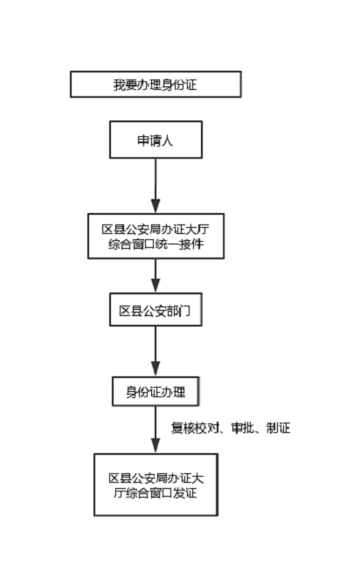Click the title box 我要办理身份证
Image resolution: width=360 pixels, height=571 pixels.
point(156,84)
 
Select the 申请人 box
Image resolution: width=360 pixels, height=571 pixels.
point(156,140)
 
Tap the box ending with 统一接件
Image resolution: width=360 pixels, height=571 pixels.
point(156,236)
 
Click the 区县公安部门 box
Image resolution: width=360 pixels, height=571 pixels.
point(156,310)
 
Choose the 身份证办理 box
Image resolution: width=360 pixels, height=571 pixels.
point(156,391)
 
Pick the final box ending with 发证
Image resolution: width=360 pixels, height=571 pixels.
point(156,485)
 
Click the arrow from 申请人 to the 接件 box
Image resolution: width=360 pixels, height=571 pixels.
point(156,186)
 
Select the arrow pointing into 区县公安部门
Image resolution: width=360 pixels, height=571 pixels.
point(156,276)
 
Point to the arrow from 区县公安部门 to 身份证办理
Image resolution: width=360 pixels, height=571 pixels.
point(156,351)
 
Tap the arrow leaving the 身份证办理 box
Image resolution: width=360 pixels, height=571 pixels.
point(156,430)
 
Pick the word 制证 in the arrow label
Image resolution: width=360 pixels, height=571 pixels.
point(278,428)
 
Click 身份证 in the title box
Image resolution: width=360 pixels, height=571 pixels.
point(179,85)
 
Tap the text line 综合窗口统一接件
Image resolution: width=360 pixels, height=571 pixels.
point(156,244)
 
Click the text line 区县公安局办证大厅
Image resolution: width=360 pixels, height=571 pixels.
point(156,229)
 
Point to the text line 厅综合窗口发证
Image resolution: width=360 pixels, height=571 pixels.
point(156,492)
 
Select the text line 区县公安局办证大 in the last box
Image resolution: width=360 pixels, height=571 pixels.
point(156,478)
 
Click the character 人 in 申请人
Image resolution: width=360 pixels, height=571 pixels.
point(167,141)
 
